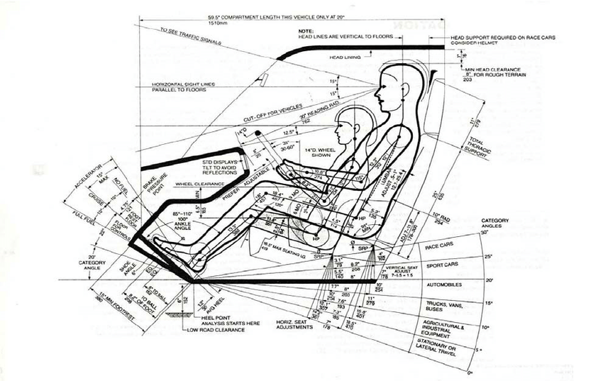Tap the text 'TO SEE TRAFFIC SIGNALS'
coord(186,35)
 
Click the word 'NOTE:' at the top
coord(306,32)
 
